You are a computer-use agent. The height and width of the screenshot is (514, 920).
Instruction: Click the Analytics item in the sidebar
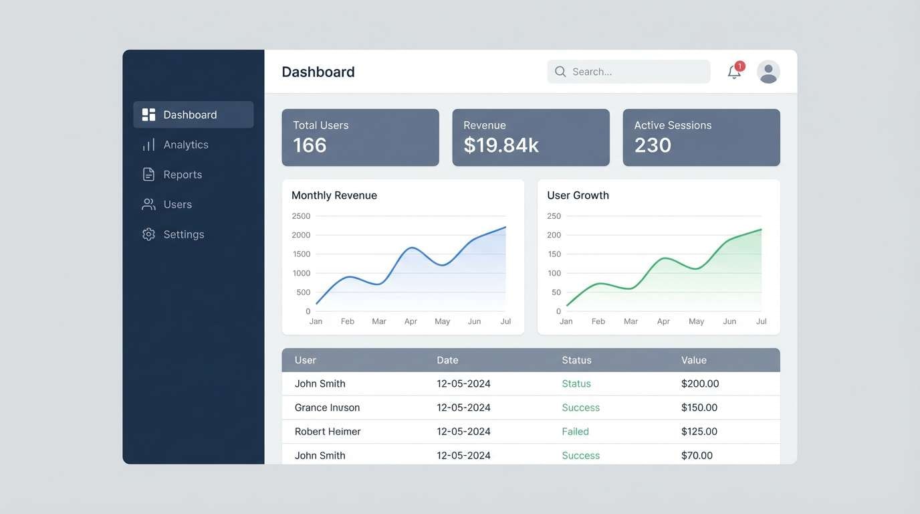[185, 145]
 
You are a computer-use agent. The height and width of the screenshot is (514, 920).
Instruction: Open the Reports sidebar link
[182, 175]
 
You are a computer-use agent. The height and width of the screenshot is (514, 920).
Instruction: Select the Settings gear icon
[148, 234]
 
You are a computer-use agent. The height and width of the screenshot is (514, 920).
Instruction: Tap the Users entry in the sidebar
[177, 205]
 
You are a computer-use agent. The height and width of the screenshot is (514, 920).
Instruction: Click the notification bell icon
[734, 72]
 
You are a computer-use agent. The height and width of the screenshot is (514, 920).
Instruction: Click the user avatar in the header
[768, 72]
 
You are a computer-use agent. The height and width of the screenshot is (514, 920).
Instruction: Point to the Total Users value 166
[310, 145]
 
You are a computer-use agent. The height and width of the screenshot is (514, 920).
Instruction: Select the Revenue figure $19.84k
[501, 145]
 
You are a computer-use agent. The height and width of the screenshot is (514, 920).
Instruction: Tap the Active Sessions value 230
[653, 145]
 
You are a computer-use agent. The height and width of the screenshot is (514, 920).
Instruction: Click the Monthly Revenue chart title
[334, 195]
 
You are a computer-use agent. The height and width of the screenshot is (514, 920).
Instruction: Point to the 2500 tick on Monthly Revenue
[302, 216]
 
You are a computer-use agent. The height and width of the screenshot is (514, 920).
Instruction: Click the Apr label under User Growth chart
[663, 321]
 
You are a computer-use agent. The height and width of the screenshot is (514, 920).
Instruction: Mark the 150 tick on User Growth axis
[554, 254]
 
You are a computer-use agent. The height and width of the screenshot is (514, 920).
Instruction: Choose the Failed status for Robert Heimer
[575, 432]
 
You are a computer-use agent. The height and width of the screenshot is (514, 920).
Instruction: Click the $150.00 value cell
[699, 408]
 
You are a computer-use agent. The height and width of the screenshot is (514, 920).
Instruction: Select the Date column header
[447, 360]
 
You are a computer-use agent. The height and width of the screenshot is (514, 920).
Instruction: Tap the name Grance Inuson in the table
[327, 408]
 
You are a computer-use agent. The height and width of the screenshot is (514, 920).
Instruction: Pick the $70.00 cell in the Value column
[697, 456]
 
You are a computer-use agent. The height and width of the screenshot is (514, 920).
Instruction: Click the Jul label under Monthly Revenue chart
[505, 321]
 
